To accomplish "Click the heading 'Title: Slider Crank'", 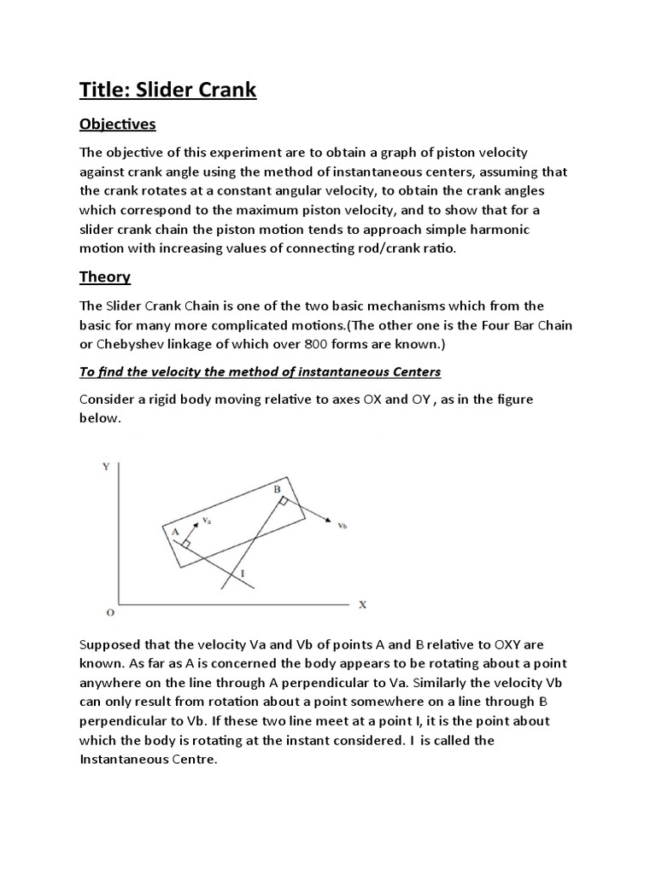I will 167,90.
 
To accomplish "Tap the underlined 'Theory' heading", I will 104,277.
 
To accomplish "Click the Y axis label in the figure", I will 106,466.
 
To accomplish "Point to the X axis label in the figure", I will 361,604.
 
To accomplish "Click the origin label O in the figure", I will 109,613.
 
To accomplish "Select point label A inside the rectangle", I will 175,531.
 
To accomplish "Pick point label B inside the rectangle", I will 277,489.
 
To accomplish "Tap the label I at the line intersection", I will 243,574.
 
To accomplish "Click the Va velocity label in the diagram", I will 207,518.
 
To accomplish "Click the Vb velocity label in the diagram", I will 343,526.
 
